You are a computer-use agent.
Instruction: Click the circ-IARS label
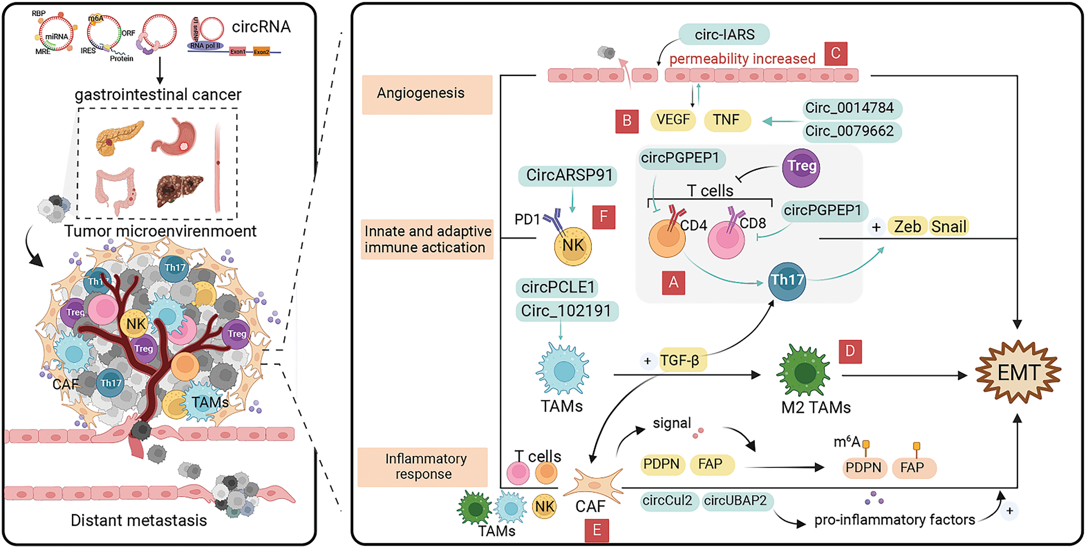pyautogui.click(x=724, y=34)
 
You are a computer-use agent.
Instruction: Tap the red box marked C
pyautogui.click(x=836, y=53)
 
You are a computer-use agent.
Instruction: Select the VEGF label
pyautogui.click(x=673, y=120)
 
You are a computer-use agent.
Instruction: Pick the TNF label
pyautogui.click(x=727, y=120)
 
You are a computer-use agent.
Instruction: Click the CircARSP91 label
pyautogui.click(x=568, y=175)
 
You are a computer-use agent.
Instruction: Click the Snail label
pyautogui.click(x=949, y=227)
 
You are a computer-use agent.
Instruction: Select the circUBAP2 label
pyautogui.click(x=736, y=501)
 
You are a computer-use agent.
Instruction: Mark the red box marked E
pyautogui.click(x=596, y=530)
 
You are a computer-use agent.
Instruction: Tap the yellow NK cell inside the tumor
pyautogui.click(x=135, y=324)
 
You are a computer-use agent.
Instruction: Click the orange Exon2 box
pyautogui.click(x=261, y=52)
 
